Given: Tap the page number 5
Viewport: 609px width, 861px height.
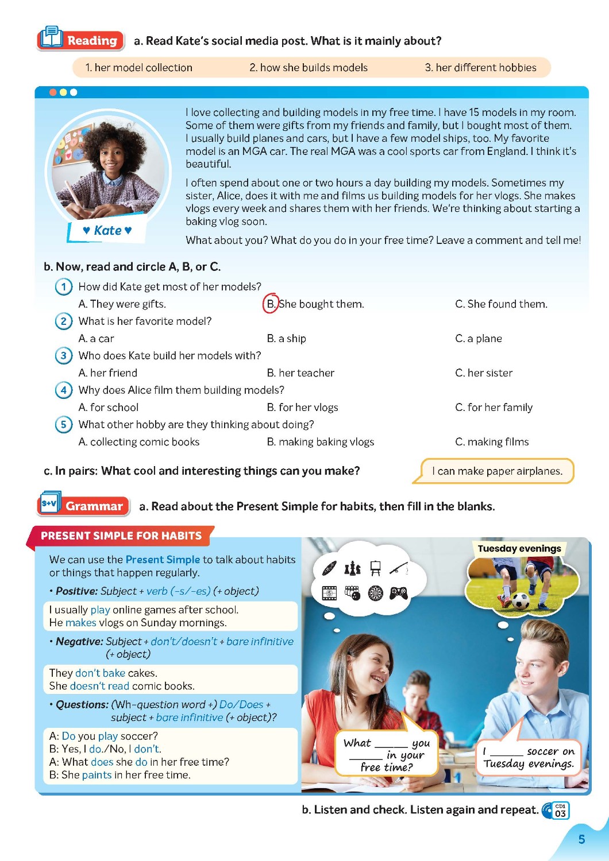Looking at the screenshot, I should [581, 839].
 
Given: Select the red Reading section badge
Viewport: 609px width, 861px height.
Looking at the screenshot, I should [81, 40].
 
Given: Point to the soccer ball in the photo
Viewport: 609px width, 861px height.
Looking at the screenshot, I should [521, 601].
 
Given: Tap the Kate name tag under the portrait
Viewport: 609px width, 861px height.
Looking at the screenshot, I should [107, 231].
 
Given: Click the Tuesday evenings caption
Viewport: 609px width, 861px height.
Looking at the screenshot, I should [519, 549].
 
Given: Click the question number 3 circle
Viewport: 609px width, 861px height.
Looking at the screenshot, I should [63, 356].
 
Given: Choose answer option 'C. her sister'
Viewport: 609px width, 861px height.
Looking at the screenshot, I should [484, 373].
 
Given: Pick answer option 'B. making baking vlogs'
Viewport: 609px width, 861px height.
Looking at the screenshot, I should [320, 442].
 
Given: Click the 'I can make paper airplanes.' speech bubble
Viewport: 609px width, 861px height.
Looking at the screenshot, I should [497, 471].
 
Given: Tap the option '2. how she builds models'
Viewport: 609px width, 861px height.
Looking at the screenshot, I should [309, 68].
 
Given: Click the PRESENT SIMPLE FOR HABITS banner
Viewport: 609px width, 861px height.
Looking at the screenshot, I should [121, 536].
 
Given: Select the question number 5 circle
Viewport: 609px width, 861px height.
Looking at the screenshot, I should [63, 425].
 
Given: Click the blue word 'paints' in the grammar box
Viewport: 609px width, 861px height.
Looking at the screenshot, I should [97, 775].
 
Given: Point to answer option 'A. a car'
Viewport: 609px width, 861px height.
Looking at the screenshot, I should [96, 339].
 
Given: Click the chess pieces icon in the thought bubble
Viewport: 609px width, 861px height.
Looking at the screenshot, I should [352, 568].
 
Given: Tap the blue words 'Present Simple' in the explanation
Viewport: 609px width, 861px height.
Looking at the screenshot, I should [163, 560].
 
